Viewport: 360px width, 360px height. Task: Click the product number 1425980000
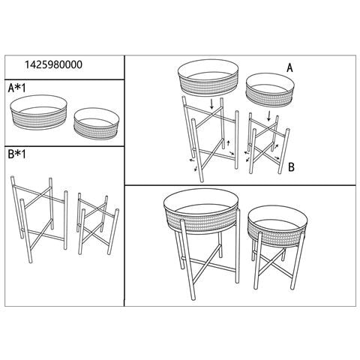pyautogui.click(x=53, y=64)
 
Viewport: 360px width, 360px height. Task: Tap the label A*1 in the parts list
pyautogui.click(x=16, y=88)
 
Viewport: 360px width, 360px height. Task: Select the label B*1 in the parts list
pyautogui.click(x=16, y=154)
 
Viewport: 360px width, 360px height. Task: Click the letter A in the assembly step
pyautogui.click(x=289, y=67)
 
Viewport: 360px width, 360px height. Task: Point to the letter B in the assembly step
pyautogui.click(x=291, y=167)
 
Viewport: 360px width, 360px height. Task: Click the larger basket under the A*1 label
pyautogui.click(x=39, y=112)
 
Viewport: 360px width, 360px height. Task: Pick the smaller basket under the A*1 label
pyautogui.click(x=96, y=124)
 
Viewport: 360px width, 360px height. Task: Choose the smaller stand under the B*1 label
pyautogui.click(x=98, y=223)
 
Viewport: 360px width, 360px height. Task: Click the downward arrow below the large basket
pyautogui.click(x=211, y=104)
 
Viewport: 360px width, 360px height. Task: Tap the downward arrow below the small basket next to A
pyautogui.click(x=269, y=116)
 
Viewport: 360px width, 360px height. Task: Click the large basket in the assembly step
pyautogui.click(x=208, y=77)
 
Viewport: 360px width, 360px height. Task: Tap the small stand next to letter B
pyautogui.click(x=268, y=144)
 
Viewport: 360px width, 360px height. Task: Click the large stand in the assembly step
pyautogui.click(x=210, y=139)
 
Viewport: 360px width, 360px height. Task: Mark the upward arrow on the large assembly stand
pyautogui.click(x=228, y=143)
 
